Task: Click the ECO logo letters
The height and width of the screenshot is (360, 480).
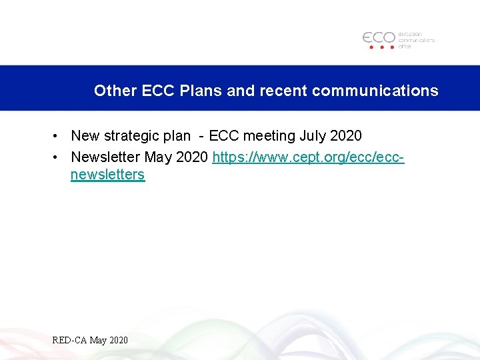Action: coord(379,38)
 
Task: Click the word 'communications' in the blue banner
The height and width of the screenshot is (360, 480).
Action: coord(375,91)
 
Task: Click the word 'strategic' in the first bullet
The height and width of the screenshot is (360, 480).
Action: coord(131,136)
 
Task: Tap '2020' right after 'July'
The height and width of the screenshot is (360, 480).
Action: coord(346,136)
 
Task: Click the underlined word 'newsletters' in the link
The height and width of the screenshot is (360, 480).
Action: coord(107,175)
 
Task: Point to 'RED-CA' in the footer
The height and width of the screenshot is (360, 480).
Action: coord(69,341)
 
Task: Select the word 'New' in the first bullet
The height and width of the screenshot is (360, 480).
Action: coord(85,136)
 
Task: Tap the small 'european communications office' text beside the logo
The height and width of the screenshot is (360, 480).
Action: coord(416,40)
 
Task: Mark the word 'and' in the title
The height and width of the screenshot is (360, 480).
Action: coord(240,91)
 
